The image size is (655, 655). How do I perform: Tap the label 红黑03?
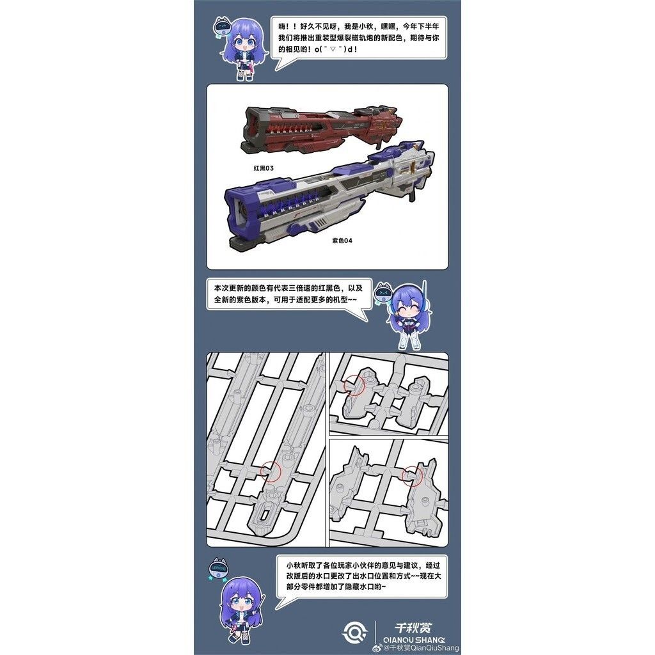point(263,168)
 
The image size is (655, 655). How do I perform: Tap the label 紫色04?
point(342,241)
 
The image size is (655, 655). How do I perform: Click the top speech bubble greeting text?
point(359,39)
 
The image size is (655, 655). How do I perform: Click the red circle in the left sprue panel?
point(271,470)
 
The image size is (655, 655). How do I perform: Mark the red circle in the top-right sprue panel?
point(354,385)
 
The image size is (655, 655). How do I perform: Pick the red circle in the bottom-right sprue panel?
point(412,474)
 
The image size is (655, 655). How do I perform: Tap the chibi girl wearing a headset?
point(409,316)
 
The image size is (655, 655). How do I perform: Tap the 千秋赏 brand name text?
point(412,627)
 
